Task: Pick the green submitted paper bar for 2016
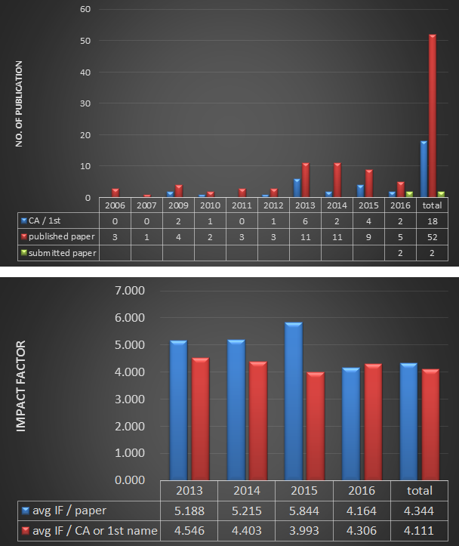(408, 195)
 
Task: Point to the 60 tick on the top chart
(85, 10)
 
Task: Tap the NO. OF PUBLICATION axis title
(19, 103)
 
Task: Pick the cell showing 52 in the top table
(432, 237)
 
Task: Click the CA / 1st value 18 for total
(432, 221)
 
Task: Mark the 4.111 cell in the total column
(420, 530)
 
